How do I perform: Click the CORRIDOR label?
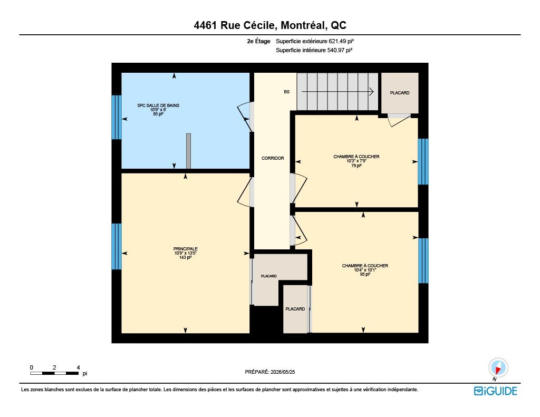click(x=273, y=158)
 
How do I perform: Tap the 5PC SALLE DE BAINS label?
click(x=158, y=105)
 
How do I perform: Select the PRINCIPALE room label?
click(x=186, y=249)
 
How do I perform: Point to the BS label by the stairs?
click(x=286, y=92)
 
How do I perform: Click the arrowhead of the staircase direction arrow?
click(x=372, y=92)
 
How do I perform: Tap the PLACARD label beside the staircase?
click(x=400, y=93)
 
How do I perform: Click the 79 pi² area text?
click(x=356, y=166)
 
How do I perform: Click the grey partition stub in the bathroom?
click(x=188, y=151)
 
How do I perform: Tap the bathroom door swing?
click(x=244, y=117)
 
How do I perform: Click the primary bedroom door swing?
click(x=244, y=192)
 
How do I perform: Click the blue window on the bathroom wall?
click(x=117, y=118)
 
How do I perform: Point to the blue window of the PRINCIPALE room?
click(x=117, y=247)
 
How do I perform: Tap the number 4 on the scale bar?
click(x=78, y=368)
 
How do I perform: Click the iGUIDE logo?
click(x=496, y=391)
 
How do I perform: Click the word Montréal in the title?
click(x=303, y=25)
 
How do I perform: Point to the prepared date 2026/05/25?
click(x=283, y=372)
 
